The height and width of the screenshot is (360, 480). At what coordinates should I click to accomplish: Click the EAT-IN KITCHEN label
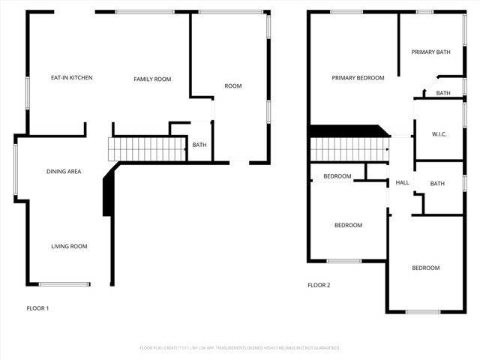pyautogui.click(x=71, y=78)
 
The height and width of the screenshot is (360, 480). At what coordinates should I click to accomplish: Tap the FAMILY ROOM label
pyautogui.click(x=153, y=79)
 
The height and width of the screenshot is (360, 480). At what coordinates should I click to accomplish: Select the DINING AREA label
pyautogui.click(x=64, y=172)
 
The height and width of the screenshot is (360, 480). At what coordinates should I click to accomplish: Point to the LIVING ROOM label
pyautogui.click(x=69, y=247)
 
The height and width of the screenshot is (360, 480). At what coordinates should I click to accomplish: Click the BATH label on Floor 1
pyautogui.click(x=199, y=145)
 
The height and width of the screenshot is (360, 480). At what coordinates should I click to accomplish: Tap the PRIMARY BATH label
pyautogui.click(x=431, y=52)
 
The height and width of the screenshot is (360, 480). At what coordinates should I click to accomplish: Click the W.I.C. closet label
pyautogui.click(x=439, y=135)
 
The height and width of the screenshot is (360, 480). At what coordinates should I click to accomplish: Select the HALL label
pyautogui.click(x=403, y=183)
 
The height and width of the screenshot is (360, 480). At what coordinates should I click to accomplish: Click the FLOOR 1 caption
pyautogui.click(x=37, y=308)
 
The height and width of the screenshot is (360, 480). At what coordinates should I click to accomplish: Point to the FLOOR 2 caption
pyautogui.click(x=319, y=285)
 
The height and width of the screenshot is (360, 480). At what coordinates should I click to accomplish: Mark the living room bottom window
pyautogui.click(x=64, y=283)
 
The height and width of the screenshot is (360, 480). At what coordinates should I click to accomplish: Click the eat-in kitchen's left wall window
pyautogui.click(x=28, y=94)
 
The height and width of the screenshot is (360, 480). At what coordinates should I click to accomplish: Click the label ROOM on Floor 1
pyautogui.click(x=233, y=86)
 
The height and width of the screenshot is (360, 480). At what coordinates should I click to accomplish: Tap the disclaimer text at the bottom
pyautogui.click(x=240, y=348)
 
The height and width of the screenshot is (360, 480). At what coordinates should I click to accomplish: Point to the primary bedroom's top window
pyautogui.click(x=346, y=12)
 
